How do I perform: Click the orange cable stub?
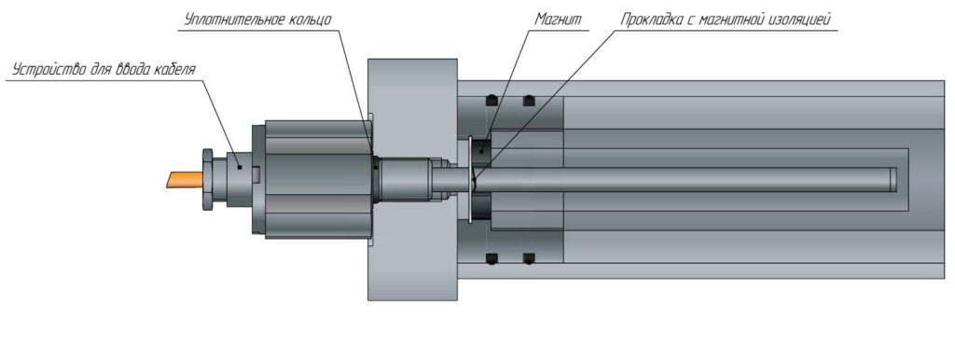click(x=183, y=179)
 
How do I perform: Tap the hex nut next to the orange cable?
click(x=207, y=179)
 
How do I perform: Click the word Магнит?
click(x=558, y=19)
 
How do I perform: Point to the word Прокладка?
click(x=655, y=20)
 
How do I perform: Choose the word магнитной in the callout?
click(x=733, y=20)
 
